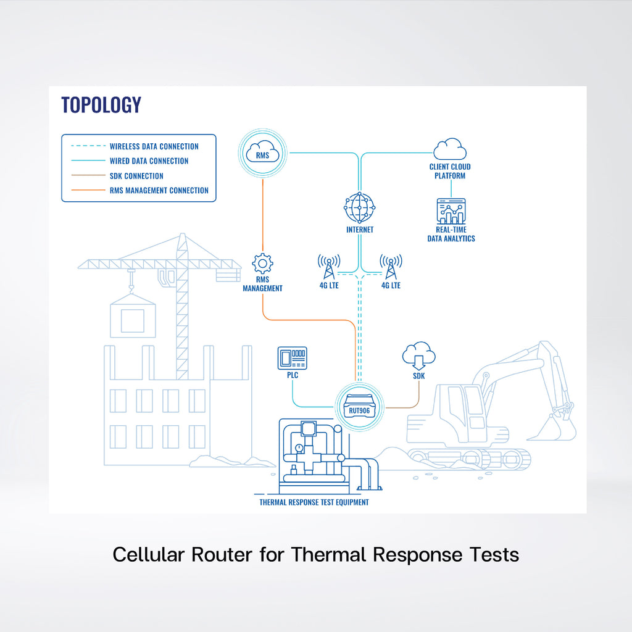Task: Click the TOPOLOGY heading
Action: point(101,105)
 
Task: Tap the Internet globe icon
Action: point(360,208)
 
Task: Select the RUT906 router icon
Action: point(359,405)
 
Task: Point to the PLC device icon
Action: point(293,359)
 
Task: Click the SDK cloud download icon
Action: point(418,356)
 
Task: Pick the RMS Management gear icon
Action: point(263,264)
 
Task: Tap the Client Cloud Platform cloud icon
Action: point(450,149)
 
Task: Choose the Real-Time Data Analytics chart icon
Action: point(451,212)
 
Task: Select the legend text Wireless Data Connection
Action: point(154,146)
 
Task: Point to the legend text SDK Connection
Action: point(136,176)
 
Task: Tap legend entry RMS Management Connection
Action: point(159,191)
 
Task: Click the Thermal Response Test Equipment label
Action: point(314,502)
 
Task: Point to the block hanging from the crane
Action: point(132,317)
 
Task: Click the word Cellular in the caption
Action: point(148,554)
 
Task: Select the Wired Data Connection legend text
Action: point(149,161)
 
